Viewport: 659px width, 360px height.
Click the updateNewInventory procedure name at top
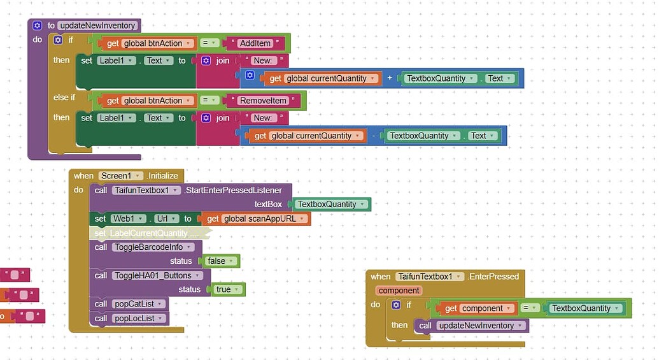coord(97,25)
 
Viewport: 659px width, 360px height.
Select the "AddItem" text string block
coord(255,43)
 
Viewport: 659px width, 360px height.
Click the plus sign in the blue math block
coord(390,78)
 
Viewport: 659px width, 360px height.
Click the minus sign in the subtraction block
coord(374,136)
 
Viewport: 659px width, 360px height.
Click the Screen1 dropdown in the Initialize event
coord(120,176)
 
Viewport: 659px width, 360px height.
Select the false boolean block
coord(220,261)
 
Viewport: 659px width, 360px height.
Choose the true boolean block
coord(227,289)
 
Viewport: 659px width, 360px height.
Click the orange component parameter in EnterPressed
coord(399,291)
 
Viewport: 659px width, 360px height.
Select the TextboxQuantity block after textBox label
coord(331,205)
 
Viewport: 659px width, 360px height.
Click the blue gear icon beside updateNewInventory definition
coord(37,25)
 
